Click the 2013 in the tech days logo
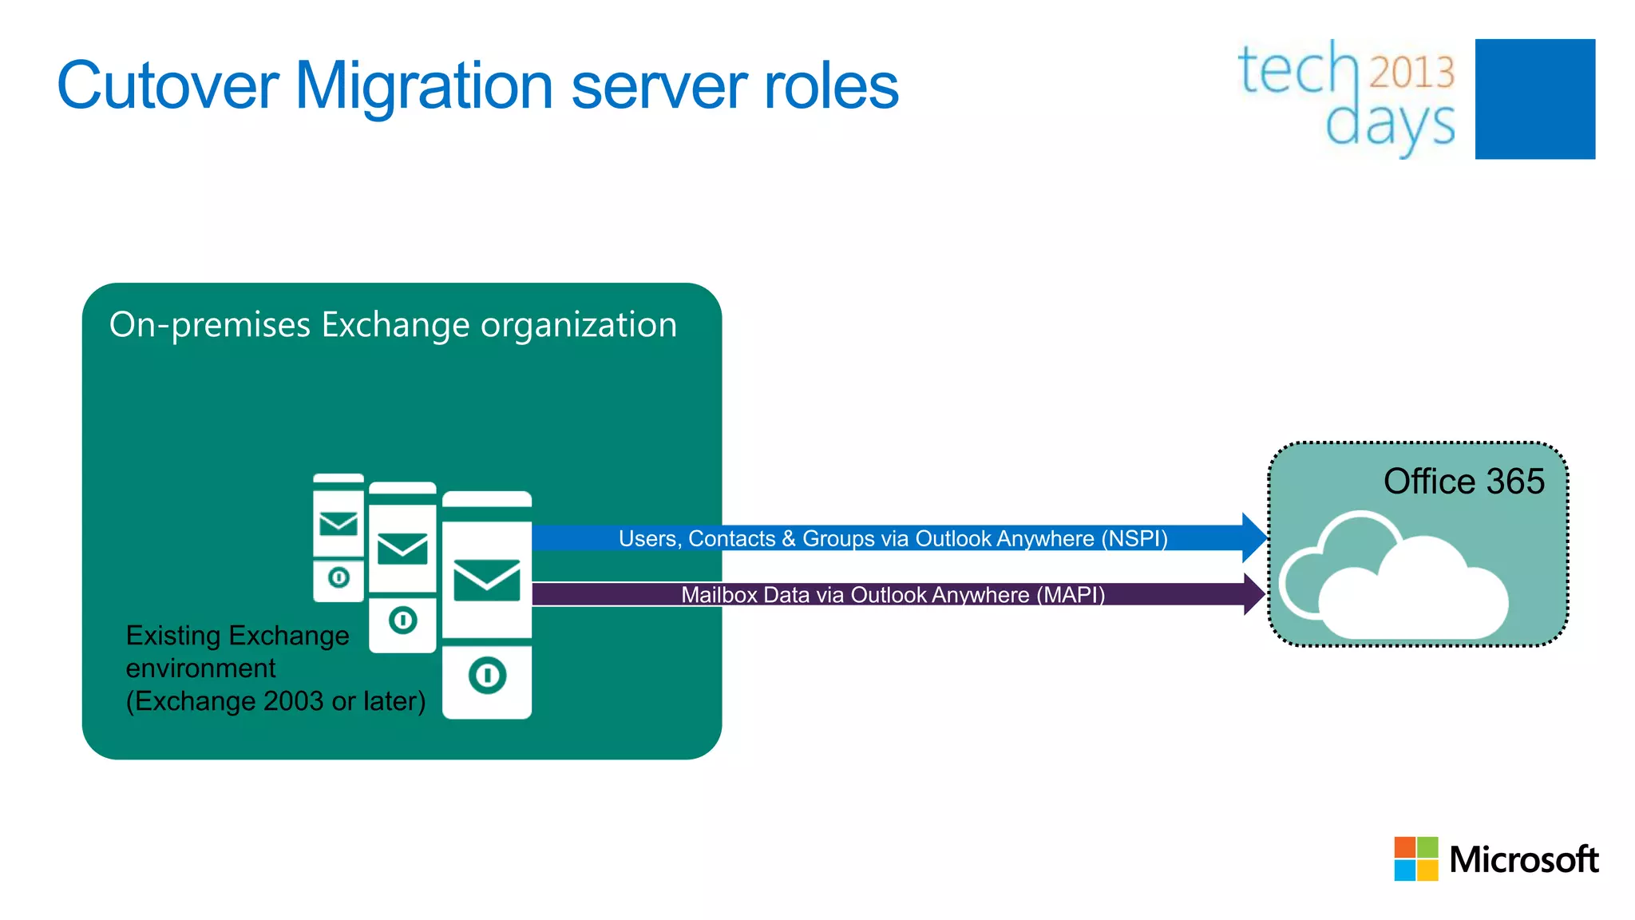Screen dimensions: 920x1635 [x=1411, y=72]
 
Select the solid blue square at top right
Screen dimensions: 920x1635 [x=1534, y=99]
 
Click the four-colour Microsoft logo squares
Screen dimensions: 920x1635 [x=1415, y=859]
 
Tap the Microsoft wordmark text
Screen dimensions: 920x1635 [x=1523, y=860]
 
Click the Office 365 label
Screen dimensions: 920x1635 [x=1463, y=482]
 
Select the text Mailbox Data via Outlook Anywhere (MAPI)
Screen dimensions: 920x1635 [x=893, y=595]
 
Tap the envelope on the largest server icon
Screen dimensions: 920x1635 [x=487, y=581]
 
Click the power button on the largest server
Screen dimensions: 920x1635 [x=487, y=676]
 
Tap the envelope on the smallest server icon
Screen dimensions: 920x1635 [x=338, y=525]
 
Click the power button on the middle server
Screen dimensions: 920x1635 [x=403, y=620]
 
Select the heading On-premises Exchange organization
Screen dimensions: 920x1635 [x=393, y=326]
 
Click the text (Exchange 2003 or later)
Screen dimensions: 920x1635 [x=275, y=701]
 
